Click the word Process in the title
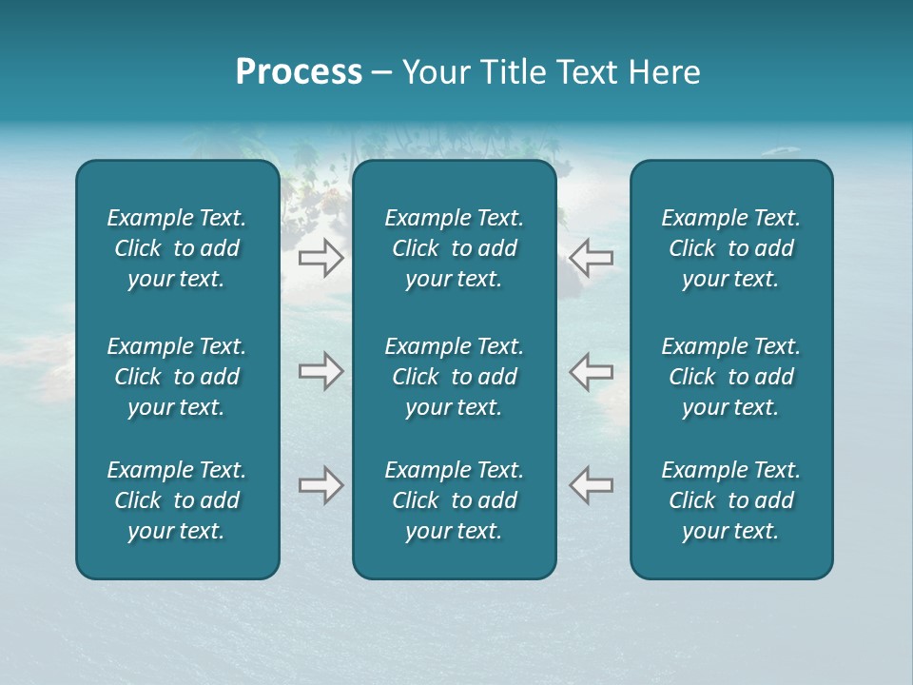coord(299,72)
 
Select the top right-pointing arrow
coord(321,258)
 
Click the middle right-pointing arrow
coord(321,371)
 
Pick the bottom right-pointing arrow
coord(321,485)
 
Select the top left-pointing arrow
coord(592,258)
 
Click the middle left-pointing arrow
coord(592,371)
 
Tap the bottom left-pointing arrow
coord(592,485)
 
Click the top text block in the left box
coord(177,248)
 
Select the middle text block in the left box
coord(177,377)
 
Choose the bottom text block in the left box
coord(177,500)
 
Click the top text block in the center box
coord(454,248)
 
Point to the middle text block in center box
coord(454,377)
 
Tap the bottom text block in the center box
coord(454,500)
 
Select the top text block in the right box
coord(730,248)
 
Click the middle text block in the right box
coord(730,377)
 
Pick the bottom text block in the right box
coord(730,500)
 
